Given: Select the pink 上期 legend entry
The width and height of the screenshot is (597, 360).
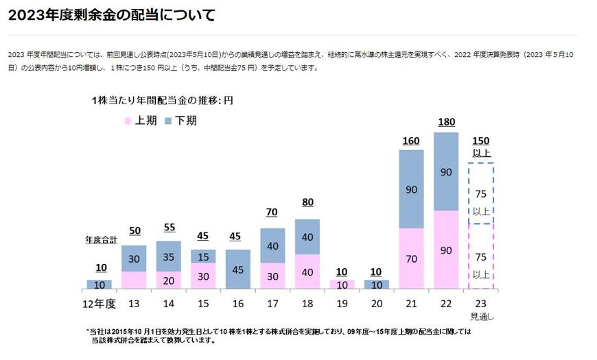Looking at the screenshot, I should point(141,121).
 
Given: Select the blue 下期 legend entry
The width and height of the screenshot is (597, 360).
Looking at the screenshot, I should point(178,121).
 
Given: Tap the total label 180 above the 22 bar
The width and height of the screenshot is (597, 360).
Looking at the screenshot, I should point(446,122).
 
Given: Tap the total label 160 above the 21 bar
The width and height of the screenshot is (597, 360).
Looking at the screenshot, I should point(411,141).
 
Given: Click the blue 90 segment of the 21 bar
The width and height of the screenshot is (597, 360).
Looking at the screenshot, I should point(411,189).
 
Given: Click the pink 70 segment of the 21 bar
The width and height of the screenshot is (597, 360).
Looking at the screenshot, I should point(411,259).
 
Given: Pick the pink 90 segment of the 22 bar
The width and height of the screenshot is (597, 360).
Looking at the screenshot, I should point(446,250).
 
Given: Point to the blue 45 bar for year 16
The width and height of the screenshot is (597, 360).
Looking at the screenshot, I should point(238,269).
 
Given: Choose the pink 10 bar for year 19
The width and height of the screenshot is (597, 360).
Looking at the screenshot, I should point(342,284).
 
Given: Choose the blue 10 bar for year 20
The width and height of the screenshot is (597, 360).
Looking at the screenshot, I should point(377,284).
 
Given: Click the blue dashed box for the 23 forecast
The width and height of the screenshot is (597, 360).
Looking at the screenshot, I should point(480,193).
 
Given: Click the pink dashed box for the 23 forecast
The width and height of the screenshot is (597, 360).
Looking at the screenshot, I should point(480,256).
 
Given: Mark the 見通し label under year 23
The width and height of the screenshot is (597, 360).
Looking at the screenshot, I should point(480,316).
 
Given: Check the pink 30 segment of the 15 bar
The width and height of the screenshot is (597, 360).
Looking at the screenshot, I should point(203,276).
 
